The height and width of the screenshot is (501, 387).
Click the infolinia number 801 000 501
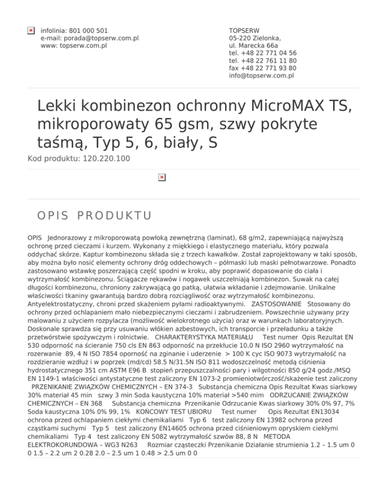click(91, 30)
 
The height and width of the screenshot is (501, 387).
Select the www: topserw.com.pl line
click(74, 45)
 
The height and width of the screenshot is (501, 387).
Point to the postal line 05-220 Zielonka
click(255, 38)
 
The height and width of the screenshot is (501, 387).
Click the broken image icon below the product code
click(161, 177)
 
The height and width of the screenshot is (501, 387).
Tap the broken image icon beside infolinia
click(31, 31)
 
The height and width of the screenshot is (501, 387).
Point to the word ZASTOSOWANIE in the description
click(276, 304)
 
